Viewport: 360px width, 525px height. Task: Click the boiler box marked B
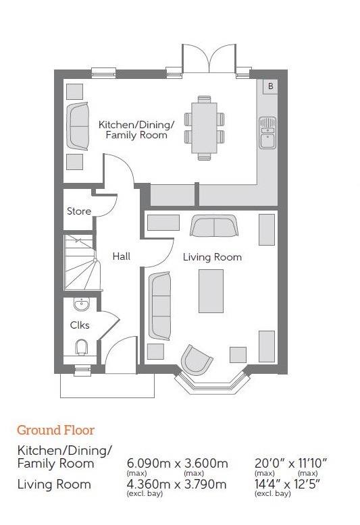(x=270, y=86)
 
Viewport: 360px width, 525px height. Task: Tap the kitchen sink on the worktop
(x=267, y=132)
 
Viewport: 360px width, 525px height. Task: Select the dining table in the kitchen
(x=204, y=128)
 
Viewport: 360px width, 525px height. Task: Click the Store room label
(x=79, y=211)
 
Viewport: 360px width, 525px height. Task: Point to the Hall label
(x=122, y=256)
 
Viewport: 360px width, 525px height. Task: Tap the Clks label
(x=80, y=325)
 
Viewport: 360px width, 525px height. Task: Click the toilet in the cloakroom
(x=82, y=348)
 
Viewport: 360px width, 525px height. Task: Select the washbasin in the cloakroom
(x=82, y=304)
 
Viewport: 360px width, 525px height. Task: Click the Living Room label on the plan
(x=212, y=257)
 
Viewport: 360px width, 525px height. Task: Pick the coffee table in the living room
(x=211, y=291)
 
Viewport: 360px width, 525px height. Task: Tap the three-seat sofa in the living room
(x=159, y=306)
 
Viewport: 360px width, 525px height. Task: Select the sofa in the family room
(x=78, y=126)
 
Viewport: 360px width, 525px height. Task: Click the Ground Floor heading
(x=55, y=431)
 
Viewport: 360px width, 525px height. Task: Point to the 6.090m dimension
(x=150, y=464)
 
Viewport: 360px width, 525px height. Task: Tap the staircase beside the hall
(x=82, y=262)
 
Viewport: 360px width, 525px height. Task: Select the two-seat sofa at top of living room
(x=214, y=225)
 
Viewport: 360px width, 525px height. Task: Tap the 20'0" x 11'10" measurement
(x=290, y=464)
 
